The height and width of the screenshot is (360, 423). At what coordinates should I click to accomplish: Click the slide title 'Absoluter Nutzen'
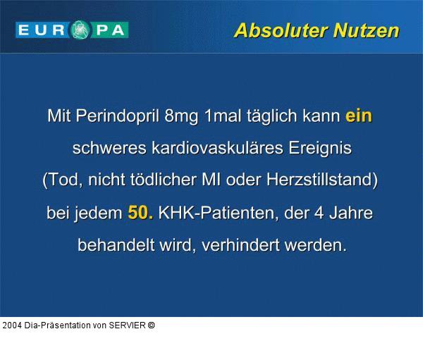click(316, 31)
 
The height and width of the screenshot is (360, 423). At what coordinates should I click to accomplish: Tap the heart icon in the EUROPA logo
click(80, 30)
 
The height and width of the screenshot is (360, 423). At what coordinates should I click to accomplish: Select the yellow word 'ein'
click(358, 116)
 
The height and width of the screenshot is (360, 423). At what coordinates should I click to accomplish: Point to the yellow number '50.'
click(140, 213)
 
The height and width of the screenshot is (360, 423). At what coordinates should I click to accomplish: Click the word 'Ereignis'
click(320, 149)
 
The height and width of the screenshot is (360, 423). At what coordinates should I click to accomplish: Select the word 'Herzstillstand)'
click(321, 180)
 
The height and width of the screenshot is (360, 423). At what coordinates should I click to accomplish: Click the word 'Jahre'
click(350, 213)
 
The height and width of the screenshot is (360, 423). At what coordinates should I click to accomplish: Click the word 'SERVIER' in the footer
click(126, 325)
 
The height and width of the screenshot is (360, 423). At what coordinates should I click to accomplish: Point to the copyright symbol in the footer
click(152, 325)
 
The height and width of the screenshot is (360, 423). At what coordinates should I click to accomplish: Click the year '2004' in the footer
click(12, 325)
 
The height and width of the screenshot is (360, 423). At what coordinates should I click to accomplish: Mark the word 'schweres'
click(107, 149)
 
